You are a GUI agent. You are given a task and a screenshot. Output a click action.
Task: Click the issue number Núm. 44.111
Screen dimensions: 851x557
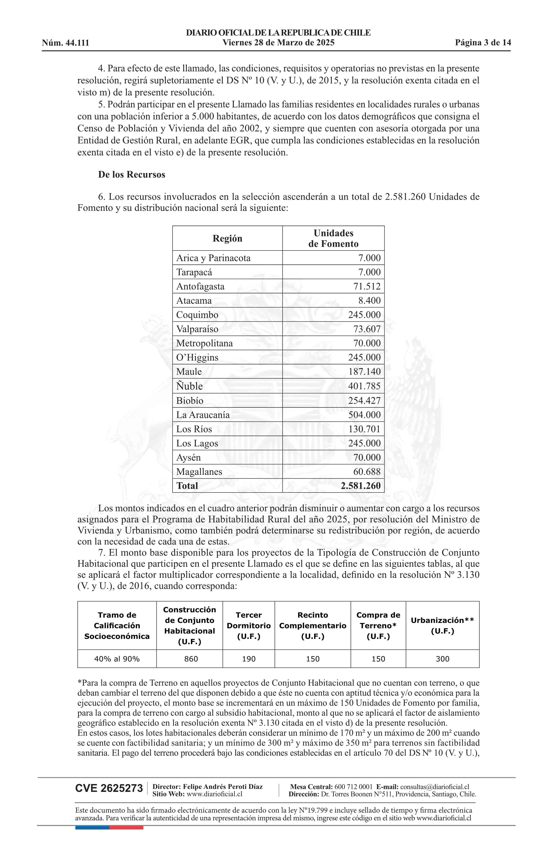click(66, 43)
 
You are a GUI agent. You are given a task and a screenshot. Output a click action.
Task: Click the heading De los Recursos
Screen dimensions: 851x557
click(132, 175)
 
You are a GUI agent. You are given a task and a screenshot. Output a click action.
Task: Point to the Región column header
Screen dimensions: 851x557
click(227, 238)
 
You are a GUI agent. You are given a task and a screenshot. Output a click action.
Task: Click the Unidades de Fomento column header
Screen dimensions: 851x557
click(333, 238)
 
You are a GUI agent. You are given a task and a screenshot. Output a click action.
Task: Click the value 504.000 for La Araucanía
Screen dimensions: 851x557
click(364, 415)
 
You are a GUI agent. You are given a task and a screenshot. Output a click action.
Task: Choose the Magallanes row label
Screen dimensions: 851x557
click(199, 472)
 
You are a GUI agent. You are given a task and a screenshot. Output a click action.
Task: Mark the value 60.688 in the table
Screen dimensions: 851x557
click(367, 472)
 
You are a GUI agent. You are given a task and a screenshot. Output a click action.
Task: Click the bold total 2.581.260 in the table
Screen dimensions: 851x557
click(360, 486)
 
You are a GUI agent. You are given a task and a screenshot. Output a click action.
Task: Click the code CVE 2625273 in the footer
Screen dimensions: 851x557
click(109, 788)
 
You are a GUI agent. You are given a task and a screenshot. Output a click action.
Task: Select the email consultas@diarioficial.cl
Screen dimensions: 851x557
click(435, 787)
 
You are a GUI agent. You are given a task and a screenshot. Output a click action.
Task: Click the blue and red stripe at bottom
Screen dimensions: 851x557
click(109, 828)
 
